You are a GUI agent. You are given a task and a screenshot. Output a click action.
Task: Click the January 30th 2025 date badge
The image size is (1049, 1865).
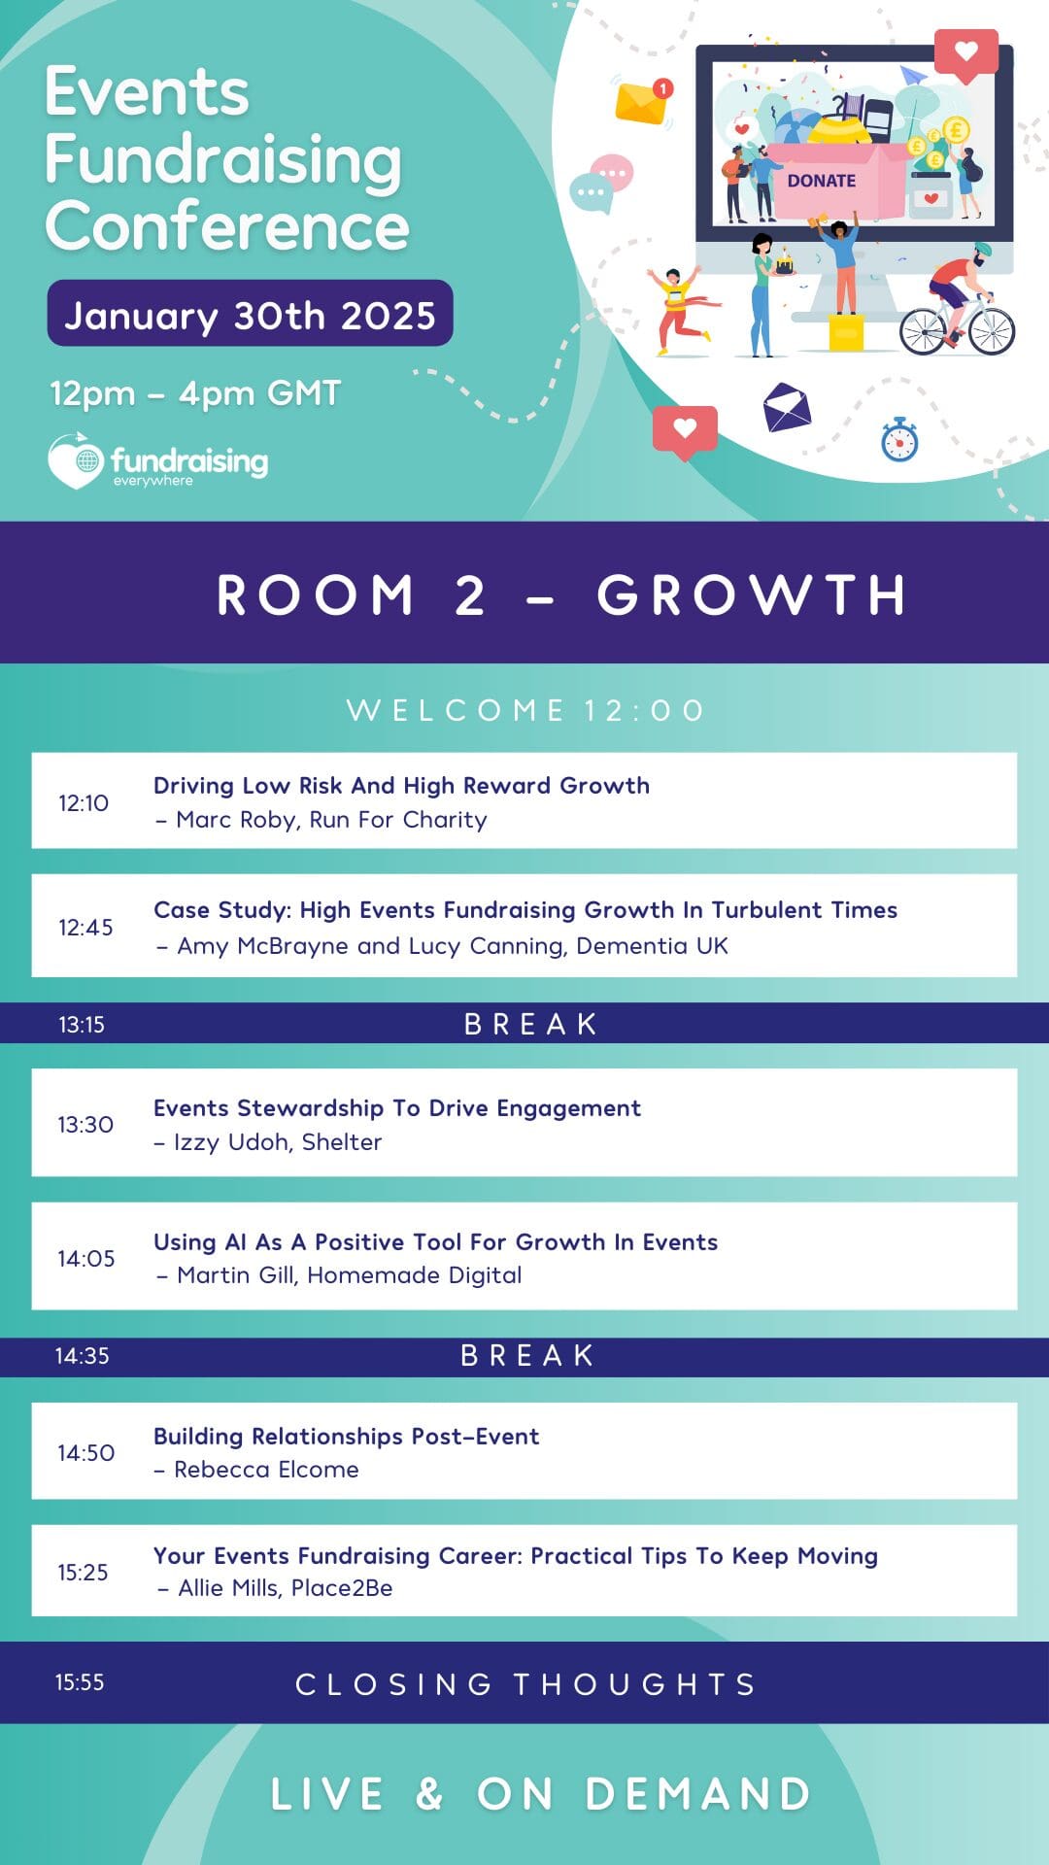(x=250, y=313)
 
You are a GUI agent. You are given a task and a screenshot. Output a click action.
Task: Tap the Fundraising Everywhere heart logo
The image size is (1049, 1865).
(x=75, y=460)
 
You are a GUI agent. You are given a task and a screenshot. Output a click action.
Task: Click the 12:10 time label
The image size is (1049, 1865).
(x=84, y=802)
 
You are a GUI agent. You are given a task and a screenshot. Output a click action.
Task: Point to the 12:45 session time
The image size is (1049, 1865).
(x=85, y=927)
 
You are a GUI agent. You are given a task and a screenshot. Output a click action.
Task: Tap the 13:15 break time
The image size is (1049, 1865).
(x=82, y=1024)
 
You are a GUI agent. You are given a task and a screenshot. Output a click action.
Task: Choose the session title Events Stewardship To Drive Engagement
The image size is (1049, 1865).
(x=397, y=1108)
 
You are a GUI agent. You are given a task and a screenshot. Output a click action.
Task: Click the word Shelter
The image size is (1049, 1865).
(x=342, y=1141)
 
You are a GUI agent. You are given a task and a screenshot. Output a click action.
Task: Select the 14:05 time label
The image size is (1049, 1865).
(x=85, y=1258)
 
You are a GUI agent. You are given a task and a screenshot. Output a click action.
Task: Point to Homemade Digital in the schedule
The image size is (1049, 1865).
(x=415, y=1275)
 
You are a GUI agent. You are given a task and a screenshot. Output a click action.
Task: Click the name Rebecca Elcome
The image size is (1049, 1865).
(x=266, y=1470)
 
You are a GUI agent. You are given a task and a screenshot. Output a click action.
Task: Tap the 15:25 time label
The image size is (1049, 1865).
(x=83, y=1572)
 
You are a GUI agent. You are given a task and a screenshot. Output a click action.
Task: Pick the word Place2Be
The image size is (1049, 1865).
(x=342, y=1588)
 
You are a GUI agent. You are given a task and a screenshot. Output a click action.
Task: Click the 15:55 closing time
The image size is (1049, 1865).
(x=80, y=1682)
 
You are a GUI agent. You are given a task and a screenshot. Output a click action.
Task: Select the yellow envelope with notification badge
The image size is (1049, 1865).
(x=644, y=102)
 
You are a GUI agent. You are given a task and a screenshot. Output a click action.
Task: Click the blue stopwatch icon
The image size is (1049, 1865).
(x=899, y=439)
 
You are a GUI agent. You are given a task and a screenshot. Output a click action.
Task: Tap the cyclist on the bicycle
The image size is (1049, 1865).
(x=958, y=300)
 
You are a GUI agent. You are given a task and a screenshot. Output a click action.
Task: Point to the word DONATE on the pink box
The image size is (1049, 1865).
(x=822, y=181)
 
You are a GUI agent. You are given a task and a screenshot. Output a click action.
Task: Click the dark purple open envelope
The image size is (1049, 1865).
(x=787, y=407)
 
